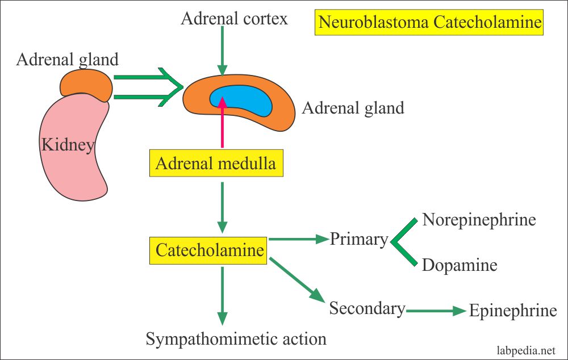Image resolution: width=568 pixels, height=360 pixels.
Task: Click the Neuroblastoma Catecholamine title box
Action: tap(429, 22)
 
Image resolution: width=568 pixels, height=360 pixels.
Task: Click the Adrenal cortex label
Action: tap(234, 19)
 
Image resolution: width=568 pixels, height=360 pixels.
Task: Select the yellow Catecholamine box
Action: tap(209, 250)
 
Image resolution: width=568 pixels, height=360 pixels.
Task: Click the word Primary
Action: tap(358, 240)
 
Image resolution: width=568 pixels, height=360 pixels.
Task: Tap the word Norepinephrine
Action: tap(479, 220)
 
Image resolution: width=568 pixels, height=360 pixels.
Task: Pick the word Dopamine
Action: tap(460, 265)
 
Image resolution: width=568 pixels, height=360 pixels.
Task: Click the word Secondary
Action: tap(367, 308)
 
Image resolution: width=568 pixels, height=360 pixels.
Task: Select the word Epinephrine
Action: tap(513, 311)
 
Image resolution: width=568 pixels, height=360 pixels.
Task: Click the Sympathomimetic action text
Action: tap(236, 340)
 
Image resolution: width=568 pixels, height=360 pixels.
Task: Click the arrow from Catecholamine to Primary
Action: tap(298, 239)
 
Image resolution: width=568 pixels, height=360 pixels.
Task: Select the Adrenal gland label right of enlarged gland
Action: tap(353, 107)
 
